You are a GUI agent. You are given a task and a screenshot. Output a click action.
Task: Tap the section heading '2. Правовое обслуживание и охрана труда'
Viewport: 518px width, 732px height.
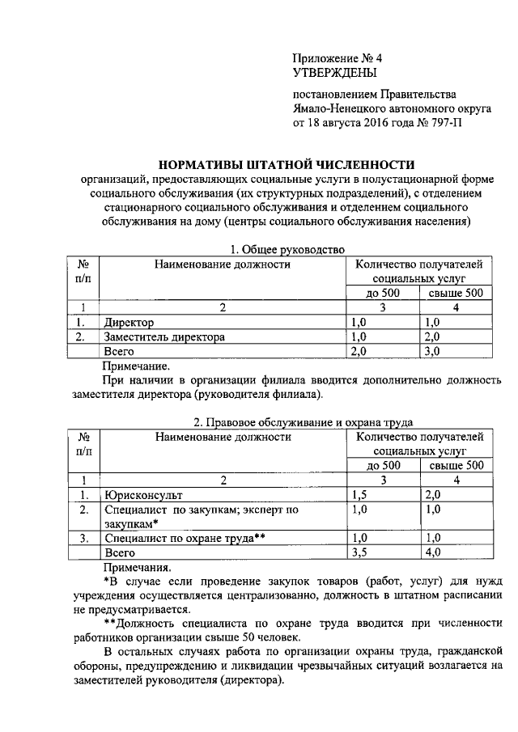[304, 422]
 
